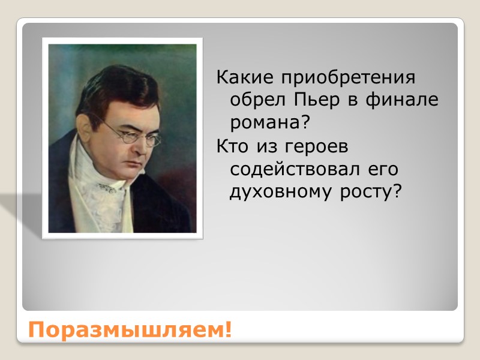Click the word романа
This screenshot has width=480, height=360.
264,122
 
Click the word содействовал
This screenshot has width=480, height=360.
295,169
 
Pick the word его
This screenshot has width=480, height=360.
382,169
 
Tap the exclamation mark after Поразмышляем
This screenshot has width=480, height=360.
227,330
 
